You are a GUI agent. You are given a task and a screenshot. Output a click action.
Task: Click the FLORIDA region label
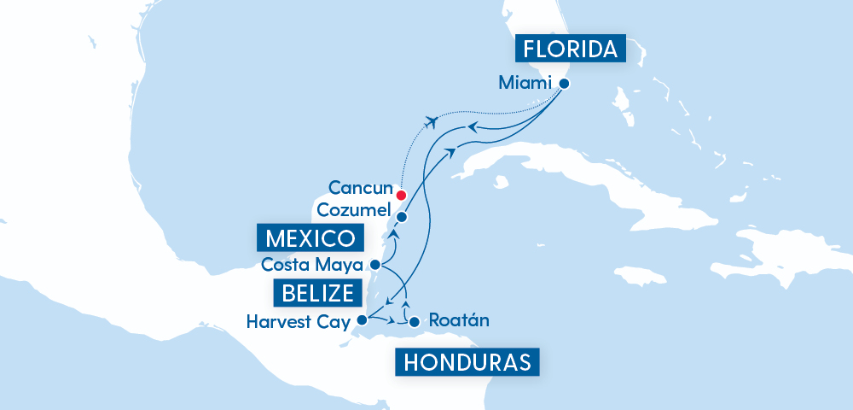click(x=571, y=49)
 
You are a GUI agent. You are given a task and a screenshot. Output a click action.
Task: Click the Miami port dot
click(x=564, y=84)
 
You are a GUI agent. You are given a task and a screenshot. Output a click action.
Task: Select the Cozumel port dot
click(x=401, y=217)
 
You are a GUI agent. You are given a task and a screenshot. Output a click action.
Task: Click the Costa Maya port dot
click(x=374, y=264)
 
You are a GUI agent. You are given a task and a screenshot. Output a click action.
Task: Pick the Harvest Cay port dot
click(x=362, y=321)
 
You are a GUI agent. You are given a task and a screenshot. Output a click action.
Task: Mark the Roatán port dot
click(x=415, y=323)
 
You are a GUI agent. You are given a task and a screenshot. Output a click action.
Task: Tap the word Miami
click(x=524, y=84)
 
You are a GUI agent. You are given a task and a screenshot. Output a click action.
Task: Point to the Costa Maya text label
click(x=313, y=264)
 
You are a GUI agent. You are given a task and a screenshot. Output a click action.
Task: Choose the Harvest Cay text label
click(x=299, y=322)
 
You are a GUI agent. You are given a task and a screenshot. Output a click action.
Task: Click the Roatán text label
click(x=460, y=322)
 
